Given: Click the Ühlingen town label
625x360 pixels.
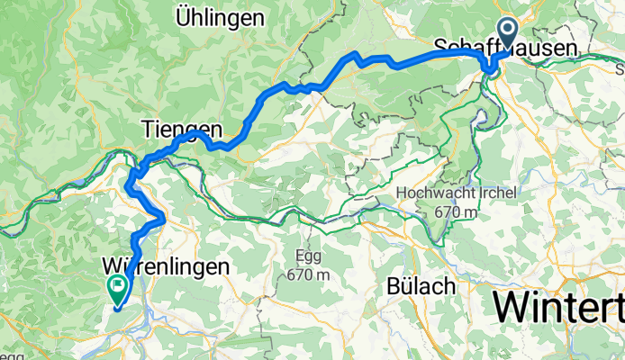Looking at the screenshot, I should [221, 17].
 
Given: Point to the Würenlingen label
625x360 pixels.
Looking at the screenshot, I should [167, 267].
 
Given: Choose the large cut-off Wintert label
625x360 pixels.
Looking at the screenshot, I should [557, 309].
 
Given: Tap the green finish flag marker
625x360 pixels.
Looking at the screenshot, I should [117, 287].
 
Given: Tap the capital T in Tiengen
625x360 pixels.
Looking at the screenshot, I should [149, 130].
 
